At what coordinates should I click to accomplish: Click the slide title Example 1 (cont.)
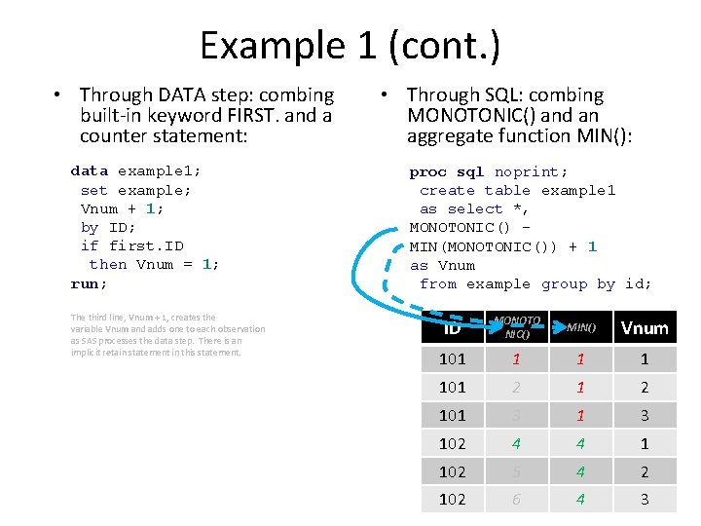(350, 45)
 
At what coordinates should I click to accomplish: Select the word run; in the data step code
(89, 283)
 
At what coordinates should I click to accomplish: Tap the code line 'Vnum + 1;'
(122, 208)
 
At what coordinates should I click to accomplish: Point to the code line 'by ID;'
(103, 227)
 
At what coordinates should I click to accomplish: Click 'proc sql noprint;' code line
(489, 171)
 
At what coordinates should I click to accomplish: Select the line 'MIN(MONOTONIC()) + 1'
(502, 246)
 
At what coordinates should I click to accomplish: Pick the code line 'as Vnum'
(442, 265)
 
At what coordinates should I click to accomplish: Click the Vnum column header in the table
(645, 328)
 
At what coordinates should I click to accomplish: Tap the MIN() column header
(581, 327)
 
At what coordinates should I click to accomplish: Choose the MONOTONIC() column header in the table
(517, 327)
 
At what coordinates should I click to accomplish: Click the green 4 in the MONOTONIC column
(516, 443)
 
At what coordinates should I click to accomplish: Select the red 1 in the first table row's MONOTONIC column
(516, 358)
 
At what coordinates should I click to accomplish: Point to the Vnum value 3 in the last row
(645, 500)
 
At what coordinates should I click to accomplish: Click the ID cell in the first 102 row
(453, 443)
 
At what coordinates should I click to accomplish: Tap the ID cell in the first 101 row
(453, 358)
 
